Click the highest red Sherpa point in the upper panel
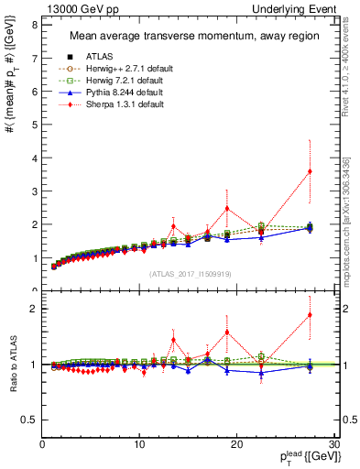tap(310, 171)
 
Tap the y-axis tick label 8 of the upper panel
tap(34, 26)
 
